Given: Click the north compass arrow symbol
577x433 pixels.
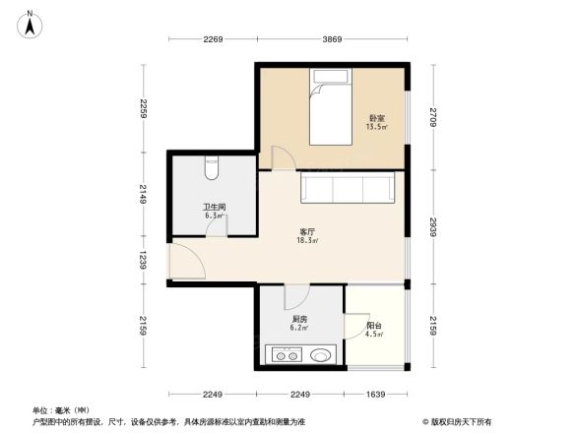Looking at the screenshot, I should [x=32, y=24].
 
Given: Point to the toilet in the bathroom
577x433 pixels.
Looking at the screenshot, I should [x=212, y=168].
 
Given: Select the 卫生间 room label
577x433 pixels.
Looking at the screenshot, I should [x=215, y=207].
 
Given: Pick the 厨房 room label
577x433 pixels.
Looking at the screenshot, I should [x=299, y=320].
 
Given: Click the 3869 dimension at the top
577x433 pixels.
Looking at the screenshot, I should [x=332, y=39].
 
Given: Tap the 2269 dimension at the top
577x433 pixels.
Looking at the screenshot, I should [x=214, y=39].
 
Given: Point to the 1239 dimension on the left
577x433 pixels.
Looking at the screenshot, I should [x=143, y=261].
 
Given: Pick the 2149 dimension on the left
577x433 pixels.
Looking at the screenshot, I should [x=143, y=195].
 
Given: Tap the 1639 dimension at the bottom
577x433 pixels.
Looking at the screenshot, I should [x=375, y=395].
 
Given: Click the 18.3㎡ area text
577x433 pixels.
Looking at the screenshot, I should [x=307, y=240].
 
